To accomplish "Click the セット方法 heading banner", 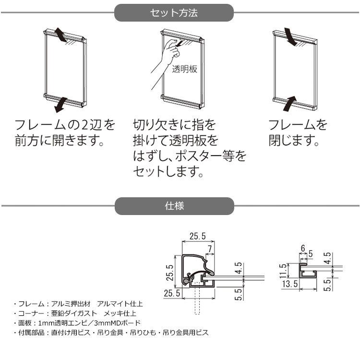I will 174,13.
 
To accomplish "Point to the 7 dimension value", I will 209,248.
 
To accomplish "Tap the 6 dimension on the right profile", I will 302,248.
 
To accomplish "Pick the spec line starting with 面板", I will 77,323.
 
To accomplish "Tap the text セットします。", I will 167,170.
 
